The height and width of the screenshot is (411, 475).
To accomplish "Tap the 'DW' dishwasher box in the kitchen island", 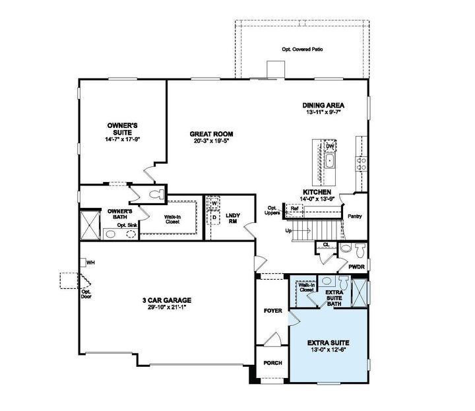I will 331,146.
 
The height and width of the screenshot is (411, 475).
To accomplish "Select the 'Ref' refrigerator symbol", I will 294,208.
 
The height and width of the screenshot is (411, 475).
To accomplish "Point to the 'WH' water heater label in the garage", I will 91,263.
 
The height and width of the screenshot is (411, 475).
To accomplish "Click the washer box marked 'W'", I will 214,203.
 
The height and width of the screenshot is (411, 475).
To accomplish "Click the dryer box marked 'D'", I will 214,216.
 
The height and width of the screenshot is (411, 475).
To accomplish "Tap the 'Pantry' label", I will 355,216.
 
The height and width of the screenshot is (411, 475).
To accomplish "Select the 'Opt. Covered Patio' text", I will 302,49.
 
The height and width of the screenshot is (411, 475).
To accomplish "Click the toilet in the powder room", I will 359,251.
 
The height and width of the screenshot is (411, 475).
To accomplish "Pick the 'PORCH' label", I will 272,364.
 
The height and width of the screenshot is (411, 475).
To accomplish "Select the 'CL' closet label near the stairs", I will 326,245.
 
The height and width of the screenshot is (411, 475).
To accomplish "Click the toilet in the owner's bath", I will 156,195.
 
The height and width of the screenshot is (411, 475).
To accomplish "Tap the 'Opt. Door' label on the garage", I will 86,292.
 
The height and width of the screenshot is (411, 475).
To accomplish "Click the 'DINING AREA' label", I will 323,105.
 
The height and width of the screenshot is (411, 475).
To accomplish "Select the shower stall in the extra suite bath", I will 361,292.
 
